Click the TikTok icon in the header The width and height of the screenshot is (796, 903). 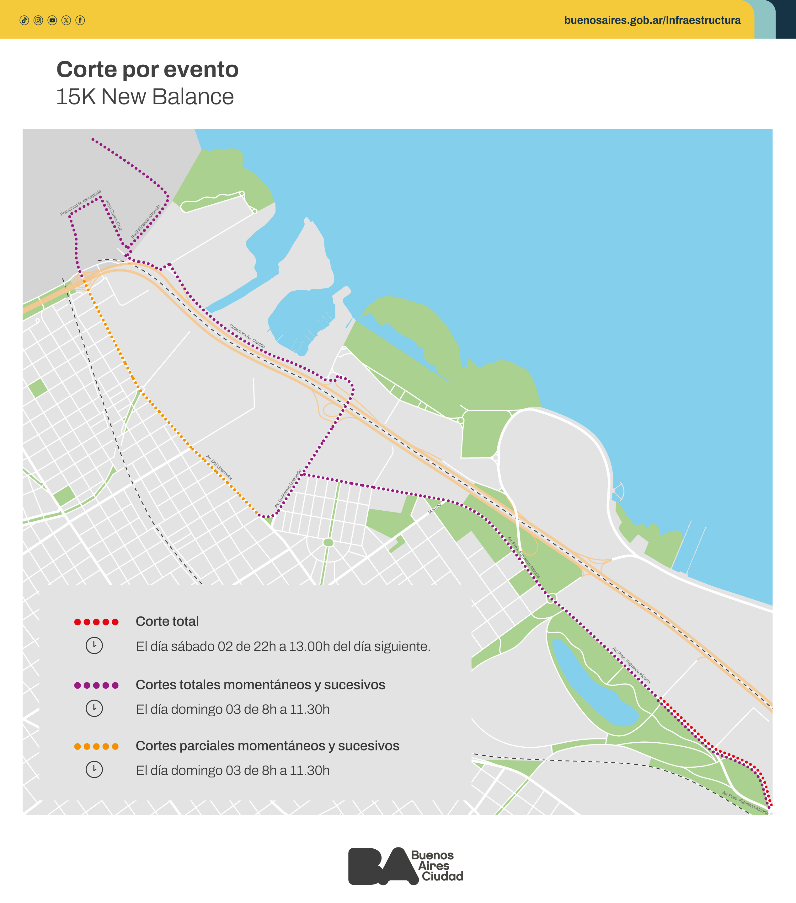[24, 20]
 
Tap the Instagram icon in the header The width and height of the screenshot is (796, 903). [38, 20]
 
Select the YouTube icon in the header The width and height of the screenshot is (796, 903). [52, 20]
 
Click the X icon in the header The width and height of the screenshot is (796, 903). [66, 20]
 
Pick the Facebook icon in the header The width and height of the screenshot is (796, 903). [80, 20]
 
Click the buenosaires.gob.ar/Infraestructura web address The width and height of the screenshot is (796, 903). [652, 20]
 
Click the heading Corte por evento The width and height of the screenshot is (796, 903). [147, 69]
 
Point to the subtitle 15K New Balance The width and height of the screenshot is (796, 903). [145, 97]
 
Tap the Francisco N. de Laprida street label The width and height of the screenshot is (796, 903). [81, 203]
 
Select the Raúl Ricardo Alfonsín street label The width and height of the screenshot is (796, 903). [146, 222]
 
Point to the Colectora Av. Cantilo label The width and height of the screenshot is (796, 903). [247, 336]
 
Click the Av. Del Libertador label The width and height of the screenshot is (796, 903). [219, 467]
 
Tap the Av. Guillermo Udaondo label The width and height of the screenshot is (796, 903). [288, 489]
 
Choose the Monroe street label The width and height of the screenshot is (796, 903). [435, 508]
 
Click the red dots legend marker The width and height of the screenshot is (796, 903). [96, 622]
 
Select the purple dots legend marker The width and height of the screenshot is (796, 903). [96, 685]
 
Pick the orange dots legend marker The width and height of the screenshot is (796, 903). [96, 747]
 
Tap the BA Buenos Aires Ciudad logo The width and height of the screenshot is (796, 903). [405, 866]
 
